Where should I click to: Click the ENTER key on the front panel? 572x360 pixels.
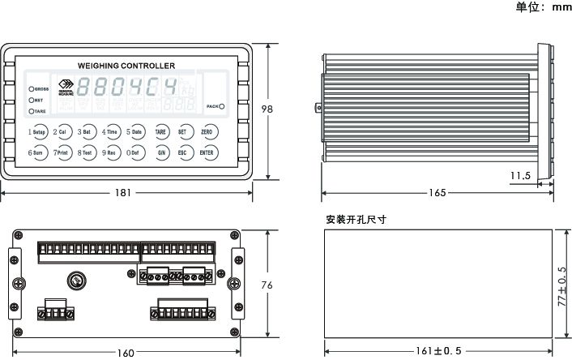(207, 152)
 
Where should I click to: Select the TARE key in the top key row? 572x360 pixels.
(160, 131)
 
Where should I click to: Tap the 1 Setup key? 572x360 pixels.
(37, 131)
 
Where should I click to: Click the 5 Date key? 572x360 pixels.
(134, 131)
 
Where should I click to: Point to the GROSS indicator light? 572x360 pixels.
(31, 88)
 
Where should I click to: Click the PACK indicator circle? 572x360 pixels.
(221, 106)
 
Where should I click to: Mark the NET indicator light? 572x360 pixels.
(31, 99)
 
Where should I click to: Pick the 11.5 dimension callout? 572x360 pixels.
(521, 174)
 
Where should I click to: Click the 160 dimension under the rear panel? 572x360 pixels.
(126, 352)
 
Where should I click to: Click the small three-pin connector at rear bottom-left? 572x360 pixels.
(57, 307)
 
